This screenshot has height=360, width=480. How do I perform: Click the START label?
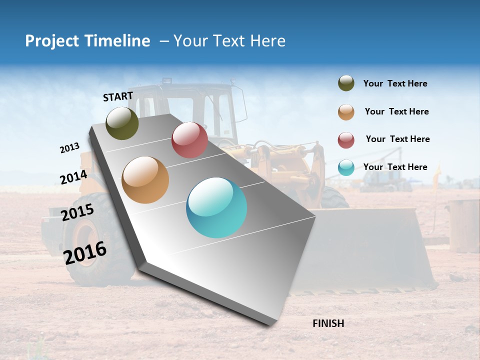(x=118, y=96)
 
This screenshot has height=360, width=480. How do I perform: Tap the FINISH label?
(x=328, y=323)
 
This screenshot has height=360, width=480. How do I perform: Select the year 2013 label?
(x=69, y=148)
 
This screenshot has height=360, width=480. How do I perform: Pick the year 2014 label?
(x=73, y=177)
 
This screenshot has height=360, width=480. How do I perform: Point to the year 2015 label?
(x=77, y=212)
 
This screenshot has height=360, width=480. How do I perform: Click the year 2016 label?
(x=85, y=252)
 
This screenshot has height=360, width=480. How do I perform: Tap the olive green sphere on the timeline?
(x=122, y=123)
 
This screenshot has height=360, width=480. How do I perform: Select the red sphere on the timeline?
(x=189, y=140)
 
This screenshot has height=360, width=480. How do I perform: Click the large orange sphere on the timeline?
(x=145, y=180)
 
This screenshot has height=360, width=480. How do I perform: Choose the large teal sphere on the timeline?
(x=216, y=207)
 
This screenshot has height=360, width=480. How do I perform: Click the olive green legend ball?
(x=346, y=83)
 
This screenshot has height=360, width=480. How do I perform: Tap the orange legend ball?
(x=346, y=112)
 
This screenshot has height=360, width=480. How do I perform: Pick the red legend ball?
(x=346, y=140)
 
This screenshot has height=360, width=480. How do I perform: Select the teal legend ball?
(x=346, y=167)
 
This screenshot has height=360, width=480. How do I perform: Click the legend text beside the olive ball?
(x=395, y=83)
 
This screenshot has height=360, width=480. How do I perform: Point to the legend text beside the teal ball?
(x=395, y=167)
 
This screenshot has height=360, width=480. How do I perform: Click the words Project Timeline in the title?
(x=87, y=41)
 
